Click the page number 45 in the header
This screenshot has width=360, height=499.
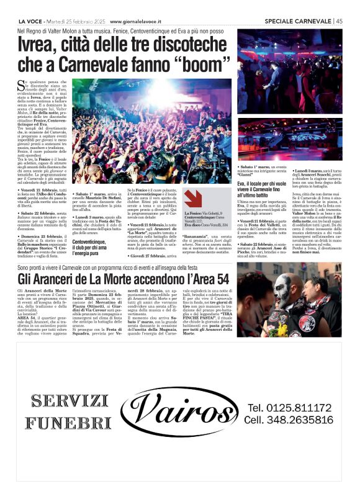(339, 20)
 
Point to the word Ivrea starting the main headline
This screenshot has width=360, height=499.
(38, 44)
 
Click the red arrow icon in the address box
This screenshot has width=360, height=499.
(193, 198)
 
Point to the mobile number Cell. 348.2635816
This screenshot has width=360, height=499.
(289, 420)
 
